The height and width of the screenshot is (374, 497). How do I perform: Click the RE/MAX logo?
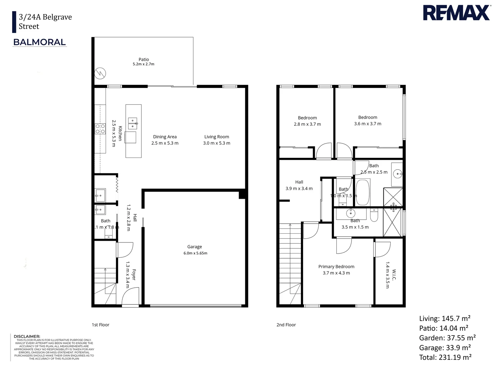tap(456, 13)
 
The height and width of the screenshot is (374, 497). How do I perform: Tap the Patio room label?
tap(144, 60)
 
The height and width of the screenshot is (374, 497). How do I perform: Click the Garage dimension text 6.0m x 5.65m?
tap(195, 253)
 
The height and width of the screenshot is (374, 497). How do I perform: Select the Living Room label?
tap(216, 137)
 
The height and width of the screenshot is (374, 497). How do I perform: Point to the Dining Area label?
tap(165, 137)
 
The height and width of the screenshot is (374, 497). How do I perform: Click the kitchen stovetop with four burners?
tap(100, 129)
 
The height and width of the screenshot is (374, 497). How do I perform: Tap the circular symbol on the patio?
tap(100, 73)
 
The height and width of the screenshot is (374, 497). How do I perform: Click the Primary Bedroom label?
tap(336, 267)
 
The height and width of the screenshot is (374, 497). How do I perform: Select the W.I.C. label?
tap(394, 275)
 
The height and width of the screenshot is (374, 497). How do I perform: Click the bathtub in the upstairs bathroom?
tap(363, 192)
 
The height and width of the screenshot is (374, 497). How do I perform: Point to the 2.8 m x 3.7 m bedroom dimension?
tap(307, 124)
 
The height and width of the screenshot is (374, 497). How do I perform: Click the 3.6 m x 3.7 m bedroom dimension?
tap(367, 124)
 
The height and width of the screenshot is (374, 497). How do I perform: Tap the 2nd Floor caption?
tap(286, 325)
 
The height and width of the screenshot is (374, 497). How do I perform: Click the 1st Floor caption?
tap(100, 325)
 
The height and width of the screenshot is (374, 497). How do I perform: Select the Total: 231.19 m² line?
tap(445, 357)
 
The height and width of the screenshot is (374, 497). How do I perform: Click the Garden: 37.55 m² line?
tap(447, 338)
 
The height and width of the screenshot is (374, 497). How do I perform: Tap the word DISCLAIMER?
tap(27, 336)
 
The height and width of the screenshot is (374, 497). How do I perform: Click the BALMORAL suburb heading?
tap(39, 42)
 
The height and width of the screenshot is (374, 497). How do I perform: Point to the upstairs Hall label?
tap(299, 182)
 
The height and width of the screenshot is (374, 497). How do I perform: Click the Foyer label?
tap(134, 275)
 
